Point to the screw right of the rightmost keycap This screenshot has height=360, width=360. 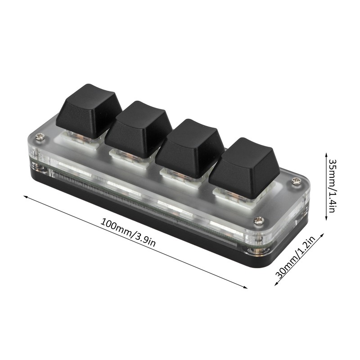pos(296,181)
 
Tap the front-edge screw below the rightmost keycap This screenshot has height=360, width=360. pos(260,220)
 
